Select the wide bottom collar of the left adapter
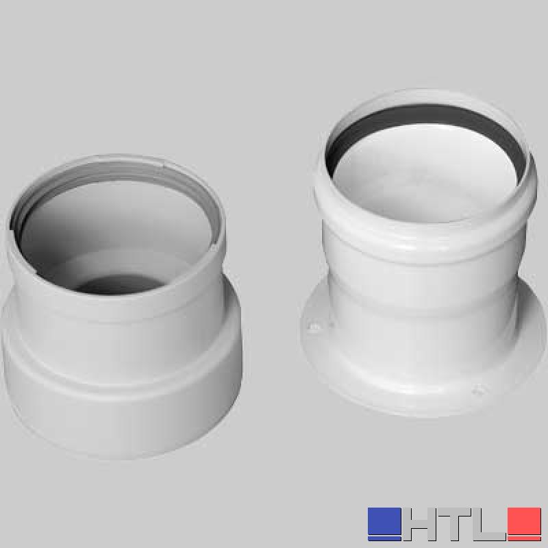123,402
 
